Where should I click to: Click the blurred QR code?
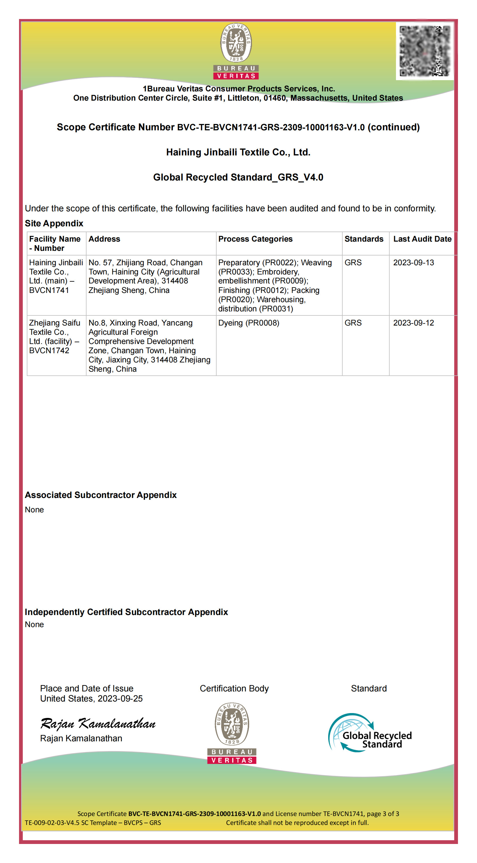(425, 51)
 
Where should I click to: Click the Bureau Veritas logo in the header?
(236, 51)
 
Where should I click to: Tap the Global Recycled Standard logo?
(370, 733)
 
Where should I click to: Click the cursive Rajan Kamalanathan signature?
(98, 724)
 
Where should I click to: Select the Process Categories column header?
(255, 239)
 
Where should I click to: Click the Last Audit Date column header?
(422, 239)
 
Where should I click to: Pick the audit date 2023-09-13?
(413, 263)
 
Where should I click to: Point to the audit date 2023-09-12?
(413, 323)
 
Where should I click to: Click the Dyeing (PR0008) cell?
(249, 323)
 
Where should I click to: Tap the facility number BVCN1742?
(49, 350)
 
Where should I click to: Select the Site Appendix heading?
(54, 223)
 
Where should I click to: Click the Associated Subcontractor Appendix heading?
(100, 495)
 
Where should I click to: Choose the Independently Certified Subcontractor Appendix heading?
(126, 612)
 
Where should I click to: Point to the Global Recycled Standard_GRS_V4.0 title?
(238, 177)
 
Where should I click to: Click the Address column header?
(104, 239)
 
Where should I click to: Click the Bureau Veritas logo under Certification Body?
(232, 733)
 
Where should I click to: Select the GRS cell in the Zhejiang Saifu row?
(353, 323)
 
